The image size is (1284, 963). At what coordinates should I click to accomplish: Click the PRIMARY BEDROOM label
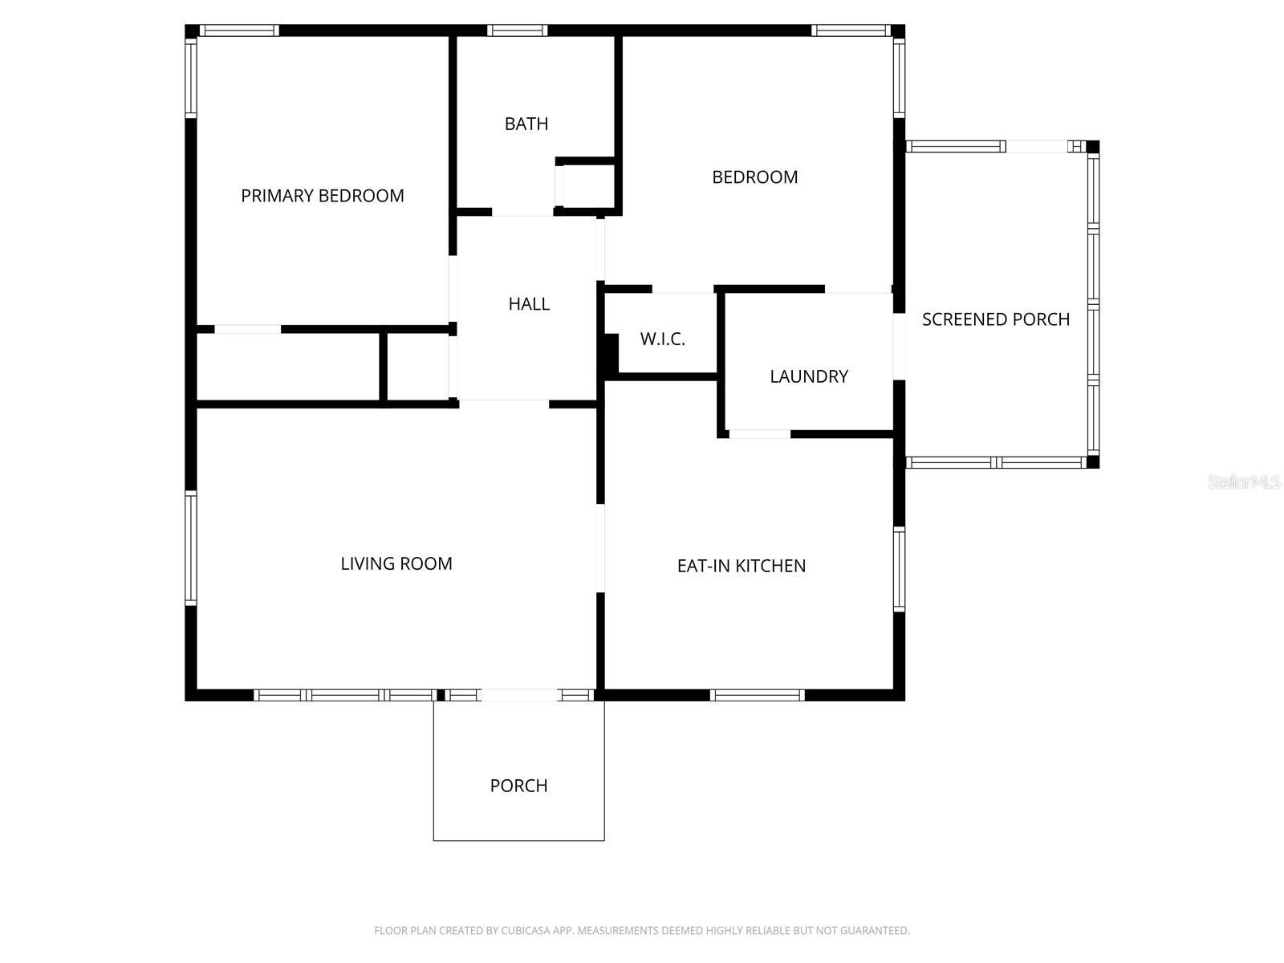pos(322,196)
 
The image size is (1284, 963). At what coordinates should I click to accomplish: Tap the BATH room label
pos(526,124)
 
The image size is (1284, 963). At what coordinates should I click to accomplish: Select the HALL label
pos(529,304)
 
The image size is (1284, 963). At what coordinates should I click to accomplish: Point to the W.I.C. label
pos(662,339)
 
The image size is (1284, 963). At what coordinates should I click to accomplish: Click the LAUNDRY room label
pos(808,376)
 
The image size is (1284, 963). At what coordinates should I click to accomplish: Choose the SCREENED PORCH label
pos(995,319)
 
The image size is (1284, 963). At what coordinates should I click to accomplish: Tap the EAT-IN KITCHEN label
pos(741,566)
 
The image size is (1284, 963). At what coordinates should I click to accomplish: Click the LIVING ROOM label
pos(396,563)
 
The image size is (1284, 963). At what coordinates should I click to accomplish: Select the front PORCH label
pos(518,786)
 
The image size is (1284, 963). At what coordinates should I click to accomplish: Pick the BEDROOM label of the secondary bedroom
pos(754,177)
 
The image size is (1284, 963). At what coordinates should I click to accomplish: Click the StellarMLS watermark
pos(1243,482)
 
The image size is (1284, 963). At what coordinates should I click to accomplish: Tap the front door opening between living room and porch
pos(519,695)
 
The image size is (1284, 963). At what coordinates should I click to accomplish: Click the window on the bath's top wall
pos(517,30)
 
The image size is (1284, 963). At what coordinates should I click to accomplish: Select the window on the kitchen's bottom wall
pos(757,695)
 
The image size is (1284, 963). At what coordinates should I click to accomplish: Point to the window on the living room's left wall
pos(191,547)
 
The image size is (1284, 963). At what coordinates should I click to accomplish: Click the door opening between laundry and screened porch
pos(900,346)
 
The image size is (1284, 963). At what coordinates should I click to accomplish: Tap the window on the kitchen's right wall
pos(899,568)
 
